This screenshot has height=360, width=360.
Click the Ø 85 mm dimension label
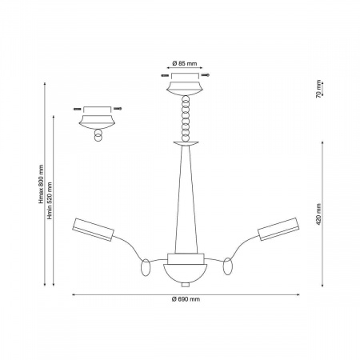pos(185,64)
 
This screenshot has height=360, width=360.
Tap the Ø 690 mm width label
pos(186,299)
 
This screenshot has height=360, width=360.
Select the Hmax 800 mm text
pos(41,184)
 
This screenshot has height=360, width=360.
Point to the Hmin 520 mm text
pos(50,201)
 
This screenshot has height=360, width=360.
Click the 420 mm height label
pos(318,214)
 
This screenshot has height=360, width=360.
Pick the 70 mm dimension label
pos(318,89)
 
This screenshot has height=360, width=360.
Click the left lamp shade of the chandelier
pos(93,230)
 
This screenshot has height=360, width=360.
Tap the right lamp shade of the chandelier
pos(278,229)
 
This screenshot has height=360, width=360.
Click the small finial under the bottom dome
pos(186,285)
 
